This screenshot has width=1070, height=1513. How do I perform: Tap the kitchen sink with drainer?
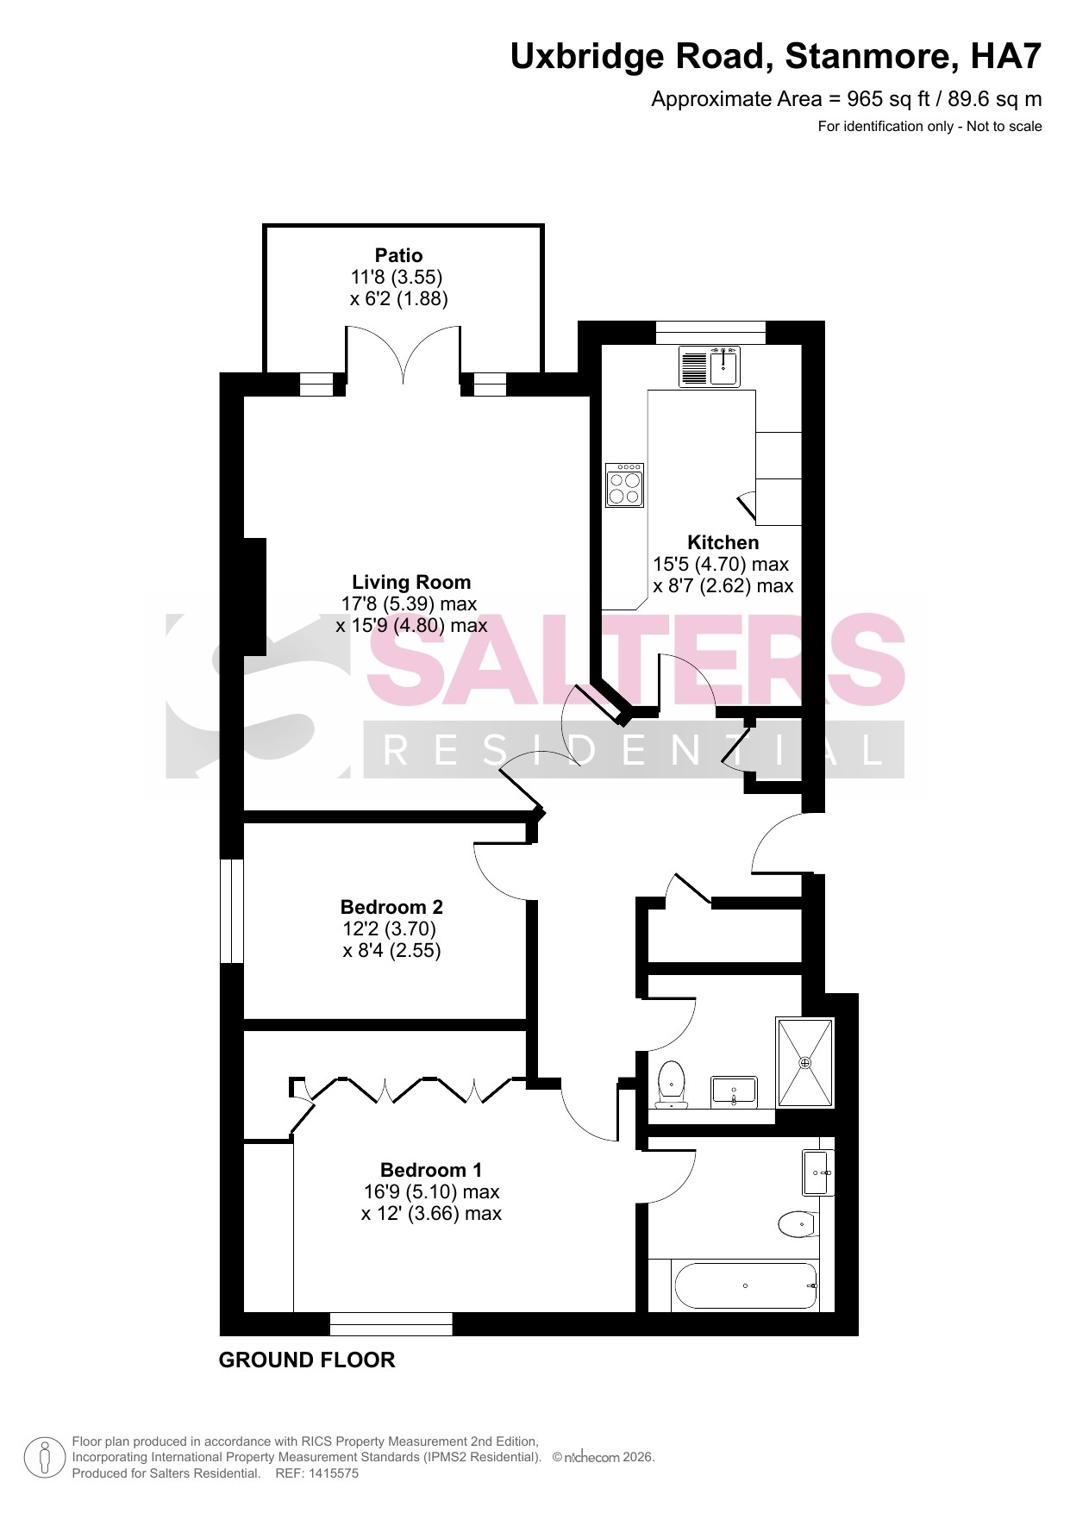coord(709,366)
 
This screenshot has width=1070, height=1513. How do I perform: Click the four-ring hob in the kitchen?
coord(624,485)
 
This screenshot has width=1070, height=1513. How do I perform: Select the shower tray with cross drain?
coord(805,1062)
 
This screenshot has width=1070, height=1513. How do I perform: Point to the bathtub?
coord(745,1285)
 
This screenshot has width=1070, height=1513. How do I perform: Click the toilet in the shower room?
coord(671,1085)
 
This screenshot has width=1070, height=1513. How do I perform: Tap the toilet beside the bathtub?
coord(798,1223)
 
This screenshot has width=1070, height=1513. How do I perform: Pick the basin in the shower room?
coord(734,1091)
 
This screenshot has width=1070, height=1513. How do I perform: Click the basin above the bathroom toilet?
coord(818,1172)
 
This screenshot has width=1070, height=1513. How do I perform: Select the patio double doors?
coord(404,355)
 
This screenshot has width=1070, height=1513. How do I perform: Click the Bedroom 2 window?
coord(232,910)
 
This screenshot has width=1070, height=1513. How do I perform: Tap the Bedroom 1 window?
coord(391,1323)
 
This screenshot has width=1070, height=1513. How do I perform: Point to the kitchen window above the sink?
coord(710,332)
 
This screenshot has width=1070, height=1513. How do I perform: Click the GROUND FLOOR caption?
coord(307,1360)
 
